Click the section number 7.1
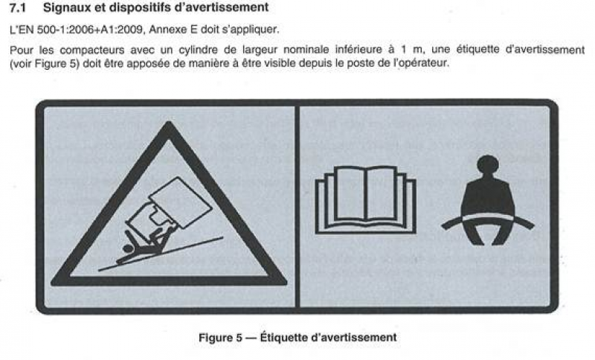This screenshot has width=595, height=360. pyautogui.click(x=17, y=7)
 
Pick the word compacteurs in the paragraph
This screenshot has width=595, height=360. pyautogui.click(x=92, y=50)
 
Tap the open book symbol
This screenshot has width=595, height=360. pyautogui.click(x=366, y=200)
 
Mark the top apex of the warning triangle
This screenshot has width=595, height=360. pyautogui.click(x=169, y=122)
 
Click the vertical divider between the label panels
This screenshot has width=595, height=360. pyautogui.click(x=297, y=207)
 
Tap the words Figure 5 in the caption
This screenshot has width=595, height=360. pyautogui.click(x=220, y=337)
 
